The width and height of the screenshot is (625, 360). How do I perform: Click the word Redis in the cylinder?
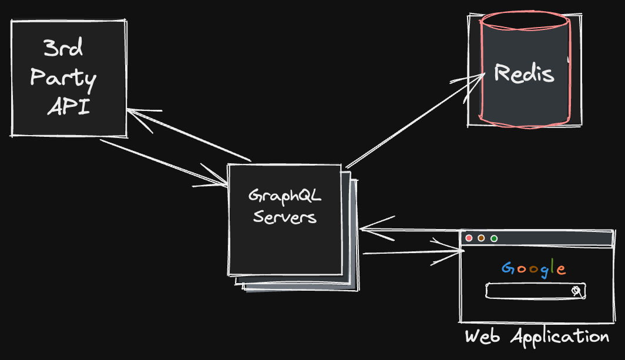(x=524, y=73)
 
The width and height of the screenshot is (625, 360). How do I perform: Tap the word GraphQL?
(x=285, y=195)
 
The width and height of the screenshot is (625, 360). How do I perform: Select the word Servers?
(x=285, y=217)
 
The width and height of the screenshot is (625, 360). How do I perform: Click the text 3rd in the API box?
(x=63, y=49)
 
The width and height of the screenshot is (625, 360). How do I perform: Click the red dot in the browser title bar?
(x=469, y=238)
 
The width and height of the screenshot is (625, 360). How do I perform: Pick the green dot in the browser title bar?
(x=494, y=238)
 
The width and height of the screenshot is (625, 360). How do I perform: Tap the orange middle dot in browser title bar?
(x=481, y=238)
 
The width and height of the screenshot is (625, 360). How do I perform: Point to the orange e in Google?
(x=561, y=270)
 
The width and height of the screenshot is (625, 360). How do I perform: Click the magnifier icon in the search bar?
(x=577, y=291)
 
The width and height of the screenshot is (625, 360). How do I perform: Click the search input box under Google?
(x=529, y=291)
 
